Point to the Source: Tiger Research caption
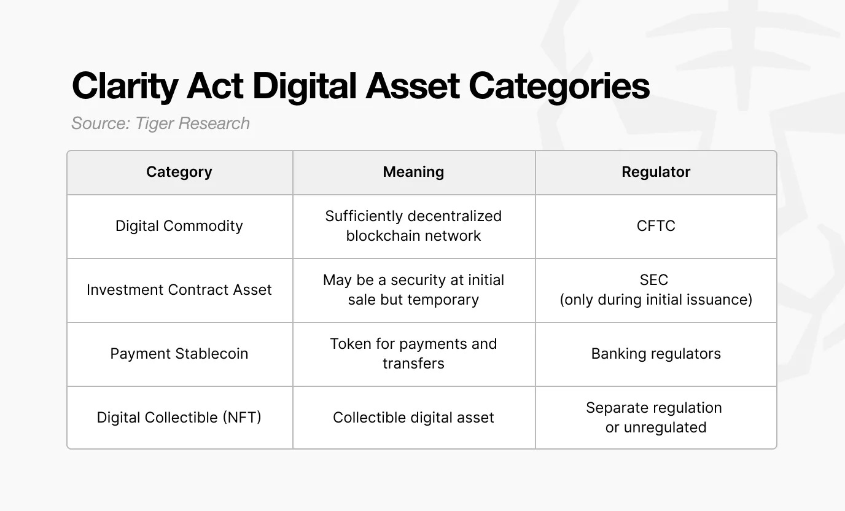[160, 123]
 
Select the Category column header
[179, 172]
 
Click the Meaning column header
[413, 172]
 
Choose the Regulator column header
[656, 172]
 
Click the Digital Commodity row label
[179, 226]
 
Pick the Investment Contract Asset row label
[179, 290]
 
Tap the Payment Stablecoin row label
[179, 354]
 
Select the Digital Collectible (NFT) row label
[179, 418]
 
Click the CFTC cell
[656, 226]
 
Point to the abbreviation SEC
[654, 280]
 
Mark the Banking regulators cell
[656, 354]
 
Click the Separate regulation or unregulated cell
[655, 418]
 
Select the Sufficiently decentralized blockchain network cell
[413, 226]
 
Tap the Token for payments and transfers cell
[413, 354]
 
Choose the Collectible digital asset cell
[413, 418]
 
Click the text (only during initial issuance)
[656, 300]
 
